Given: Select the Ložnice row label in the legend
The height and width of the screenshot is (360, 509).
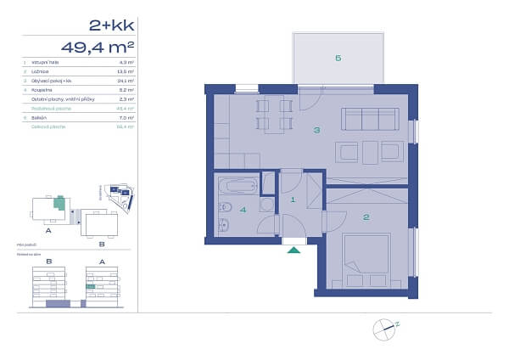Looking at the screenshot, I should click(40, 71).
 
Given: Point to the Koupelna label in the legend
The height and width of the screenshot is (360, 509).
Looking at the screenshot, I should click(41, 89).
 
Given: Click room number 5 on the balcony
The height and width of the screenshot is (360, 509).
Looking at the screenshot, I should click(338, 58).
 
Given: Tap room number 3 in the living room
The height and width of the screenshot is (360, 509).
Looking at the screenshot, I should click(316, 130).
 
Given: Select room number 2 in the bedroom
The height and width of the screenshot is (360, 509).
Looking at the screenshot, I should click(366, 217).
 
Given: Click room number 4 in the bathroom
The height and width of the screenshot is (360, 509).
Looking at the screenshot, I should click(243, 210).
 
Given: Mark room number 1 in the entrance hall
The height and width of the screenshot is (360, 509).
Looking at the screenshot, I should click(293, 200).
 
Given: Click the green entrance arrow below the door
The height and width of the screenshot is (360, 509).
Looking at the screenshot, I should click(294, 249).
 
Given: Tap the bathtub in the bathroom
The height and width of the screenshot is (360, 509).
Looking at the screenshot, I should click(238, 184).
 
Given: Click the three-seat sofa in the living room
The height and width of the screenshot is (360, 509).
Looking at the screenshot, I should click(362, 118).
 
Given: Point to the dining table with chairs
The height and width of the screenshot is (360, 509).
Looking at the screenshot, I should click(273, 116).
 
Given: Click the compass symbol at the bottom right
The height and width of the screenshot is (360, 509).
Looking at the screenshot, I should click(384, 326).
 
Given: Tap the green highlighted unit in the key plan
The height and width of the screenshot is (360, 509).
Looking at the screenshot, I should click(59, 202).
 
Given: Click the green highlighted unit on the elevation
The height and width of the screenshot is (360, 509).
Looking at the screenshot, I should click(90, 287).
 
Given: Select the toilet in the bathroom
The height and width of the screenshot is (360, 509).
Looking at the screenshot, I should click(224, 226).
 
